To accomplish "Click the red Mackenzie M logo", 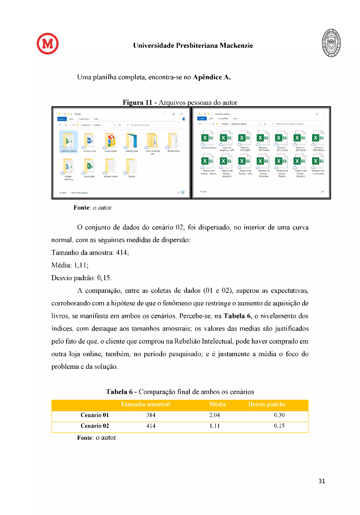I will (48, 44).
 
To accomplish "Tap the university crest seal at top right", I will (331, 43).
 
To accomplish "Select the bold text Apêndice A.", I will (212, 77).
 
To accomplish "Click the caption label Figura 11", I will (137, 103).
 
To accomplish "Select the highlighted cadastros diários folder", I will (68, 142).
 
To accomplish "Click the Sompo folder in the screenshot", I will (131, 167).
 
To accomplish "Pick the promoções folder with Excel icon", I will (90, 167).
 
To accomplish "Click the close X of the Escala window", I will (181, 114).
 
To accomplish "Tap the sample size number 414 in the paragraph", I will (122, 253).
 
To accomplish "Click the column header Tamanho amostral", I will (145, 404).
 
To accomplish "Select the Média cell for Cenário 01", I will (215, 415).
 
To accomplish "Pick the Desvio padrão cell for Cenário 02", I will (279, 426).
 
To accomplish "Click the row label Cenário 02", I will (95, 426).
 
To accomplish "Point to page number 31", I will (322, 481).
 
